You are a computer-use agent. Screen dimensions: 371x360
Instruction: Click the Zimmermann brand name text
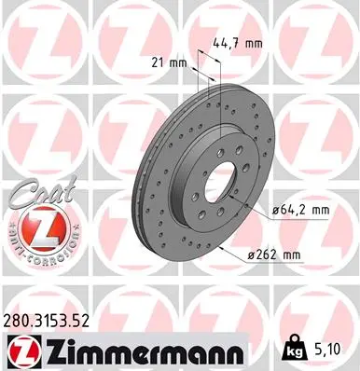coord(138,351)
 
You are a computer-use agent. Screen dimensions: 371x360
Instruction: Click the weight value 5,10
coord(326,350)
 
